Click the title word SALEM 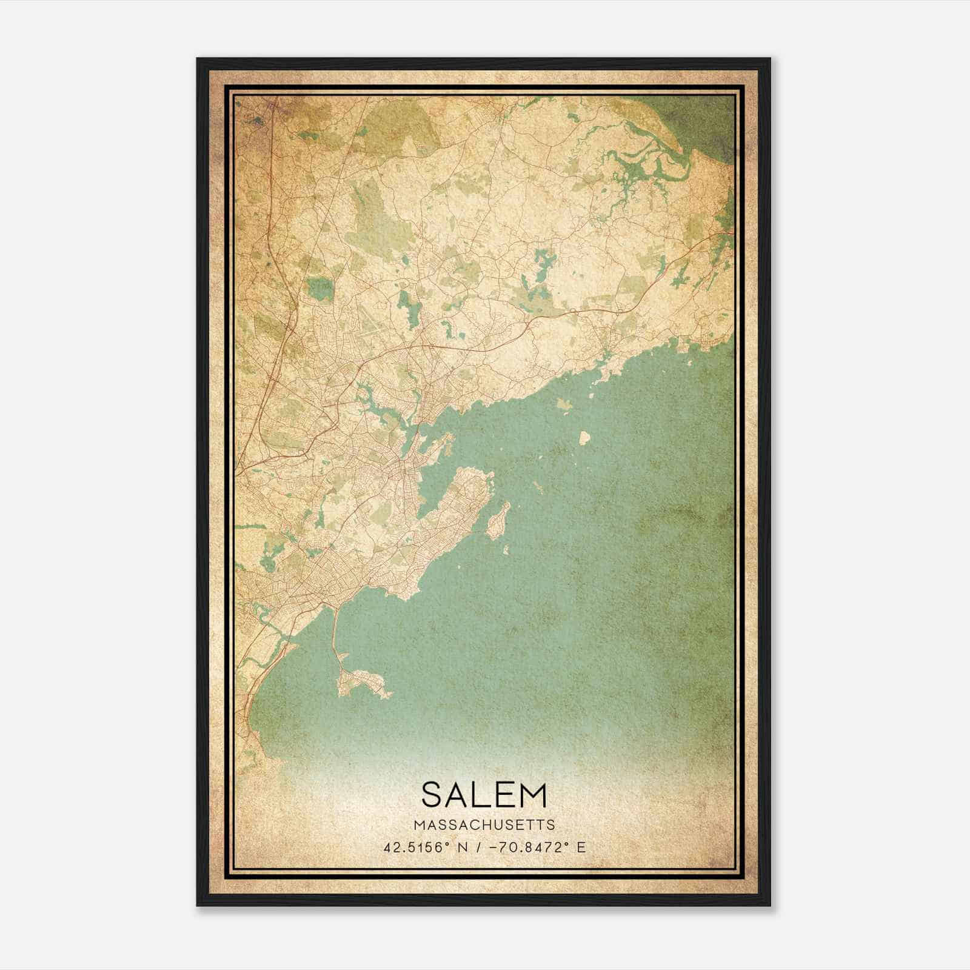pos(484,795)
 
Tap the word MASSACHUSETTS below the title pos(484,824)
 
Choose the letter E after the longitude pos(581,848)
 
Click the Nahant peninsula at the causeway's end pos(364,682)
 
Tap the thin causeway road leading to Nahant pos(334,630)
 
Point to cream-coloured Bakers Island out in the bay pos(585,436)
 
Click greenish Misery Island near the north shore pos(564,404)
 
